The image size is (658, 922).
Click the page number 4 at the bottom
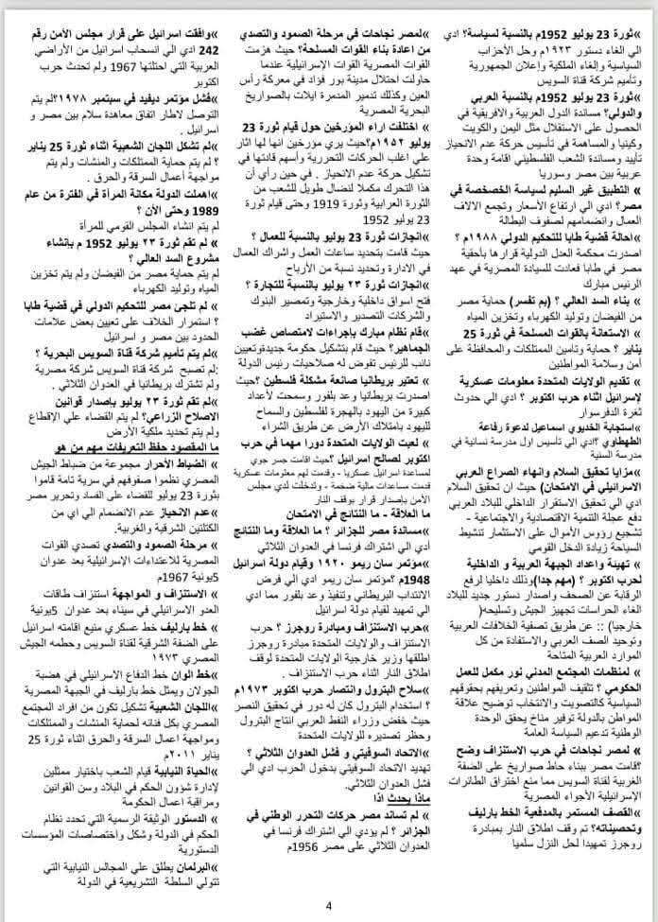tap(329, 906)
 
